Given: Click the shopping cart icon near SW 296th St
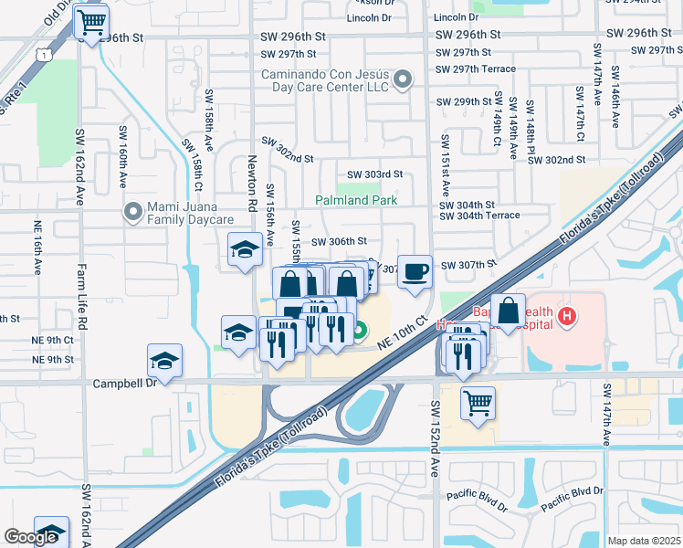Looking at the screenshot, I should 91,22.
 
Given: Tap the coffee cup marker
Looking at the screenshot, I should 415,271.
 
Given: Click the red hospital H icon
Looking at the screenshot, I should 567,317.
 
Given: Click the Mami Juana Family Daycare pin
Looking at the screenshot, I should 134,212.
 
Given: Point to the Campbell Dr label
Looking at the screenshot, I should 123,384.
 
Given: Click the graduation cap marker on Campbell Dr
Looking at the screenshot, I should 165,360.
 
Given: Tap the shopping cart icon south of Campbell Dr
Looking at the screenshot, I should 478,403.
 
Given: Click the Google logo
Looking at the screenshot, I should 31,537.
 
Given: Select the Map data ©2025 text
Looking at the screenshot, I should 644,541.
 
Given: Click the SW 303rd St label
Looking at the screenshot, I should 374,174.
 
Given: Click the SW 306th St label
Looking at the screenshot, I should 339,242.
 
